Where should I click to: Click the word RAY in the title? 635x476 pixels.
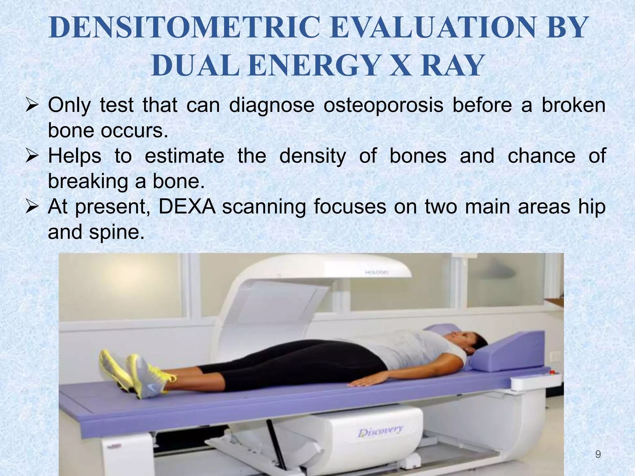click(453, 66)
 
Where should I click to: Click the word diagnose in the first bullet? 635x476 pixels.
click(272, 105)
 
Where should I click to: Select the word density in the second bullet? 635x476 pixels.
click(313, 156)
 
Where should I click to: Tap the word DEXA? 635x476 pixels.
click(187, 207)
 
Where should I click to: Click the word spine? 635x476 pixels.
click(117, 232)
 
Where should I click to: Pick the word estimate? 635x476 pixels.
click(184, 156)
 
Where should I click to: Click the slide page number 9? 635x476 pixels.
click(598, 455)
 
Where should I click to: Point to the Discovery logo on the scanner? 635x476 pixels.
click(380, 431)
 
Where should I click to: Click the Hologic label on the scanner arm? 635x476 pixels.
click(377, 272)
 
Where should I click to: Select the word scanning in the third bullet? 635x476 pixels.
click(264, 207)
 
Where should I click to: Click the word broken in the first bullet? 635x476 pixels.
click(573, 105)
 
